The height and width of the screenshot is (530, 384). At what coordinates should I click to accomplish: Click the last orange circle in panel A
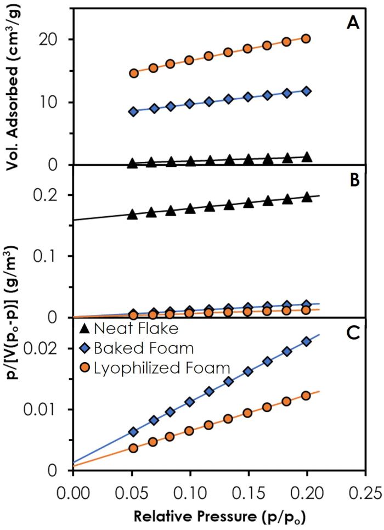tap(306, 38)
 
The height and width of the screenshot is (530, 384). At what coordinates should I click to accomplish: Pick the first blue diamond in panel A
tap(133, 111)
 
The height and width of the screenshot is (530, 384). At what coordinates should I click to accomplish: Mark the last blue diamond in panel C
tap(307, 341)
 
